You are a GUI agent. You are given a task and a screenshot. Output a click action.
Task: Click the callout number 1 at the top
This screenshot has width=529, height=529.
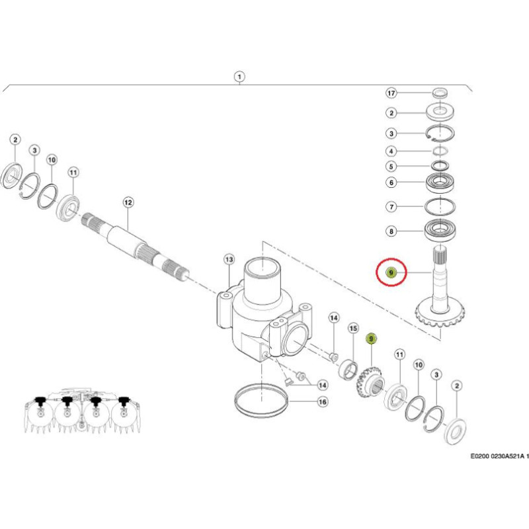click(x=239, y=76)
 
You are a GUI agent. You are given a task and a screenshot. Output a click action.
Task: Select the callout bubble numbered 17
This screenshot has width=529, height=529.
click(x=391, y=93)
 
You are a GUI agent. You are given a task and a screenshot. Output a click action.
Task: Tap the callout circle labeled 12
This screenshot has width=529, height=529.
click(x=128, y=202)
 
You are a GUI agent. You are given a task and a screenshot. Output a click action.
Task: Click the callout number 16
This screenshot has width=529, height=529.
click(x=323, y=401)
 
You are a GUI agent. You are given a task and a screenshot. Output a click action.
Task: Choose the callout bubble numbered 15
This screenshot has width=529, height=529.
click(x=353, y=328)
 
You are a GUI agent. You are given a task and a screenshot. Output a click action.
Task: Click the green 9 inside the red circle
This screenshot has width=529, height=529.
click(x=391, y=272)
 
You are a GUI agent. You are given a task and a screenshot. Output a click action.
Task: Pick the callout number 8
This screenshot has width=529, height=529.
click(x=391, y=231)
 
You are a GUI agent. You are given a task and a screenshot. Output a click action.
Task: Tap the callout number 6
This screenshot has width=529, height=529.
click(x=391, y=183)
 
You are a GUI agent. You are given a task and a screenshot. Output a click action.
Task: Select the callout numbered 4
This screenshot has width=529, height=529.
click(x=391, y=151)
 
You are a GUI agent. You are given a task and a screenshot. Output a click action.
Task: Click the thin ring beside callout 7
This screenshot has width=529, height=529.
click(x=440, y=206)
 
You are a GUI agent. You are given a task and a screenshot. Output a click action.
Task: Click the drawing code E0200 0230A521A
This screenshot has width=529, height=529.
click(x=499, y=456)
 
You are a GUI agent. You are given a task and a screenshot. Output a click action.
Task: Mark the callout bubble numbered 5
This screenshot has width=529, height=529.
click(x=391, y=167)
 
